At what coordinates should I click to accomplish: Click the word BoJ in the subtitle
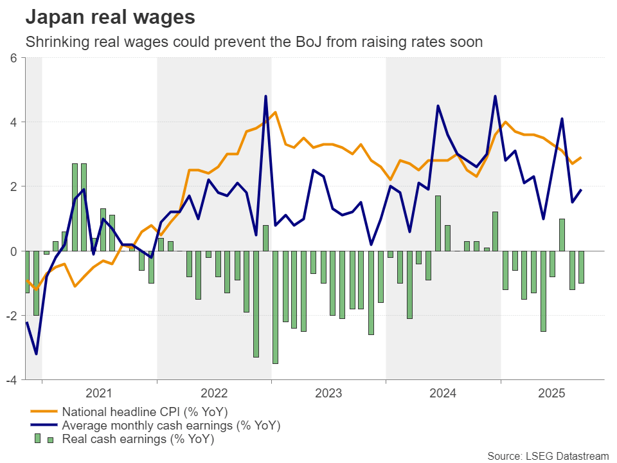[326, 42]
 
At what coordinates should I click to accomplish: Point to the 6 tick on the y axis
[13, 57]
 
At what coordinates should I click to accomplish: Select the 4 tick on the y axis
[13, 122]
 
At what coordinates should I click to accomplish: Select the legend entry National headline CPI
[145, 412]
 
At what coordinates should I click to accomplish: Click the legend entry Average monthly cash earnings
[171, 426]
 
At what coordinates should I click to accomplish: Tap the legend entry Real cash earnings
[138, 440]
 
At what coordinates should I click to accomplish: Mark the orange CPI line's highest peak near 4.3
[275, 113]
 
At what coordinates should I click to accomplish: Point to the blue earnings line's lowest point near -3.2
[37, 354]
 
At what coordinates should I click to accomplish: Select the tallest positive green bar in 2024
[438, 223]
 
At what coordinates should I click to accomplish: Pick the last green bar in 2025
[581, 267]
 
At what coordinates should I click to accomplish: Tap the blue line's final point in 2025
[581, 190]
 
